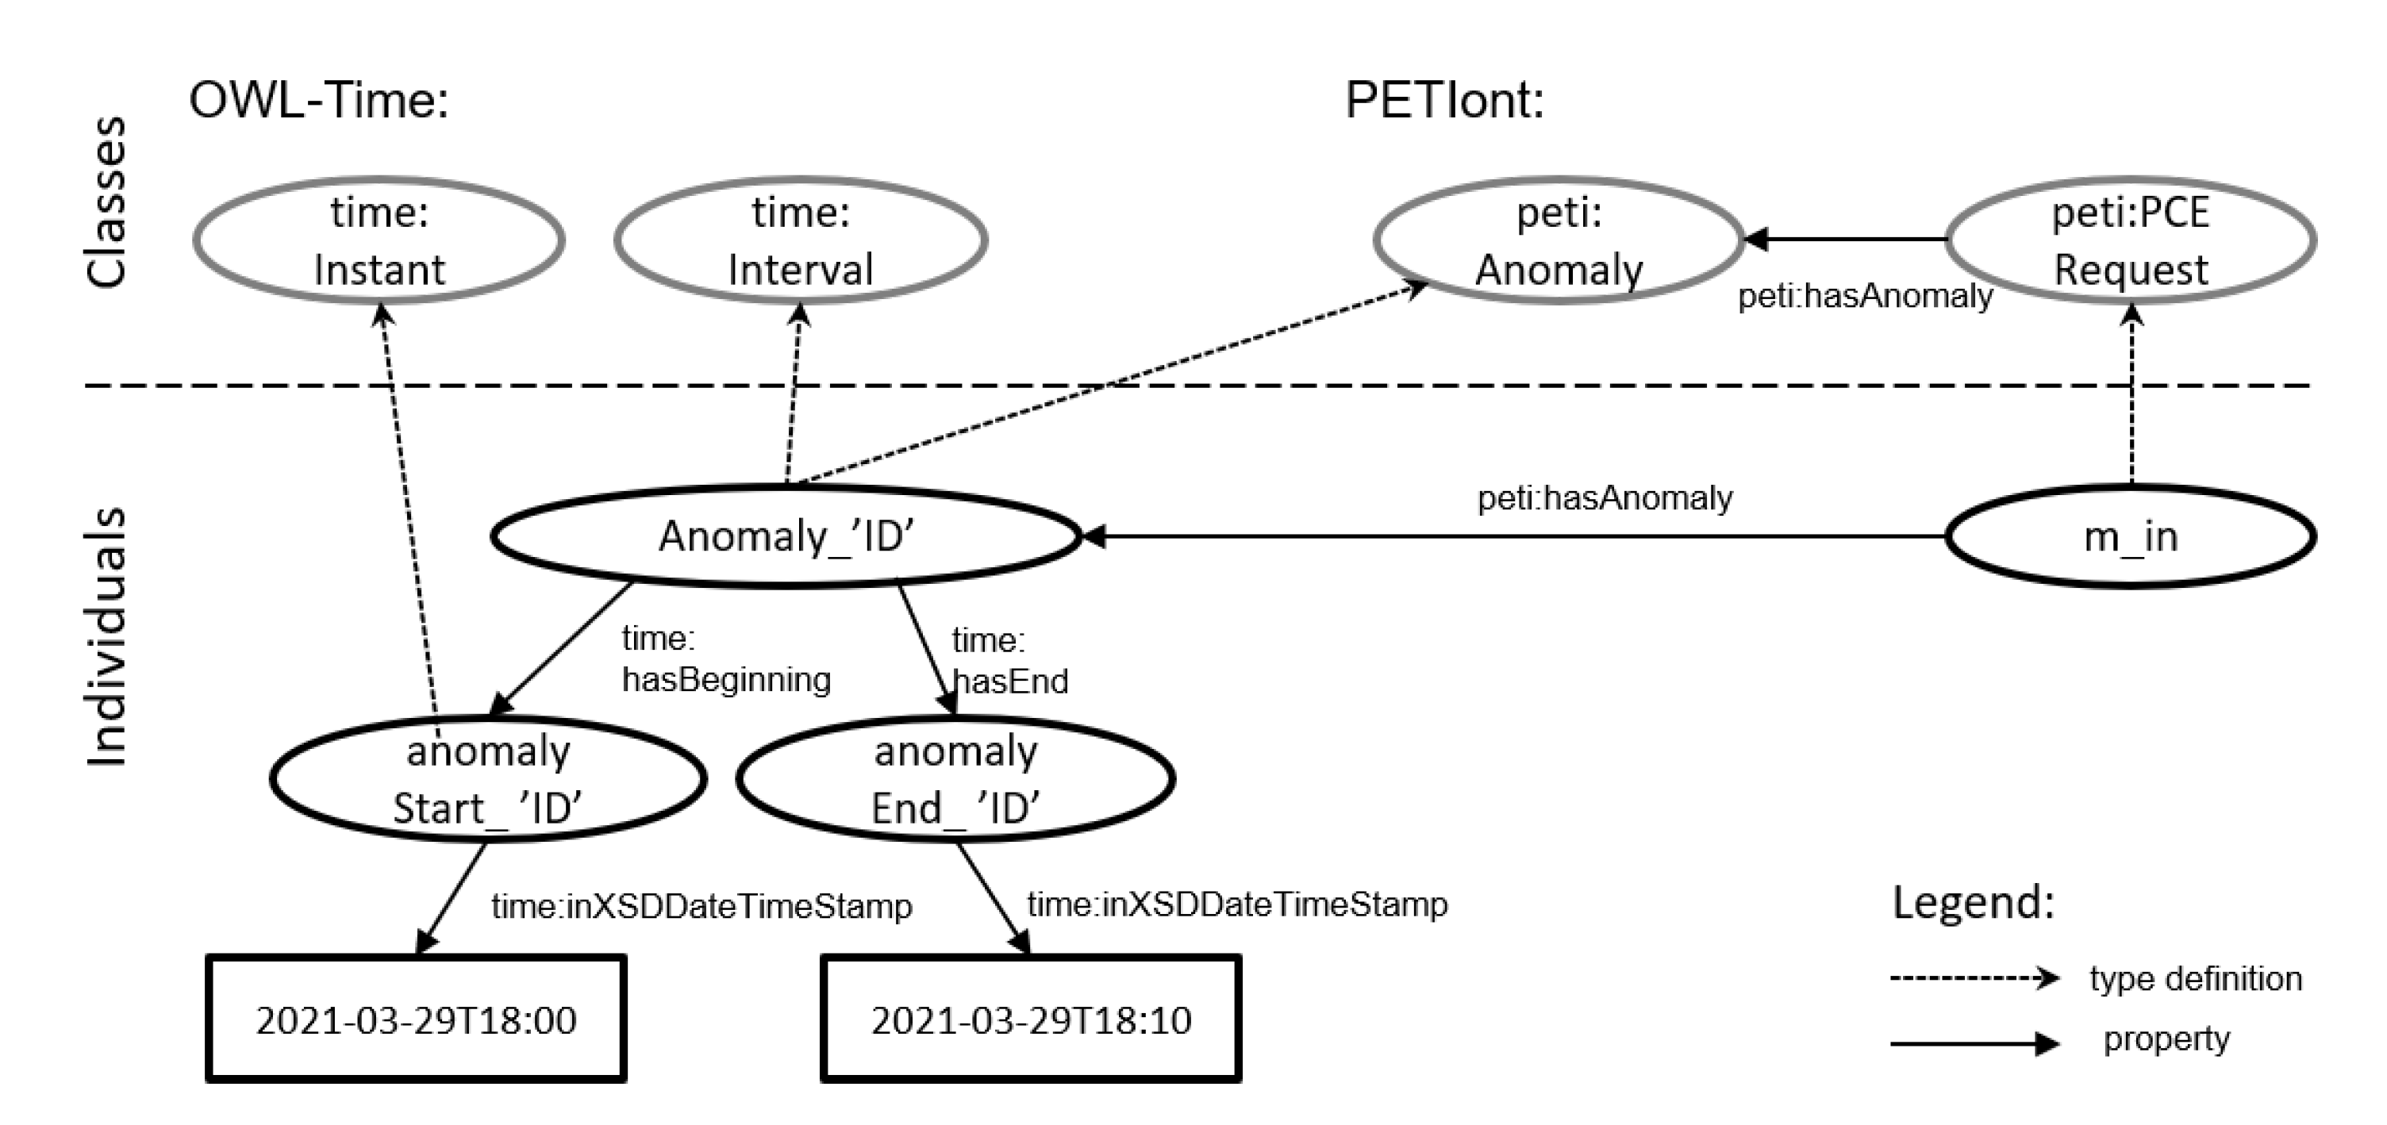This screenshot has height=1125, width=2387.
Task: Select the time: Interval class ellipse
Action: click(x=800, y=240)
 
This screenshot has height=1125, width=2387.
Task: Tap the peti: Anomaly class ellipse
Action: click(x=1559, y=240)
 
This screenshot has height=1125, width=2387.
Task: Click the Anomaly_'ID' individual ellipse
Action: click(x=786, y=536)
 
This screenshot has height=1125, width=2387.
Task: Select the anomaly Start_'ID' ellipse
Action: click(x=487, y=778)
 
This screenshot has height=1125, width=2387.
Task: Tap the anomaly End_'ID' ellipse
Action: click(x=955, y=778)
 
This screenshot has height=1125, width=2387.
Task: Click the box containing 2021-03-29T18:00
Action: click(x=416, y=1019)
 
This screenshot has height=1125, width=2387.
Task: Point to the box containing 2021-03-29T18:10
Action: click(x=1030, y=1019)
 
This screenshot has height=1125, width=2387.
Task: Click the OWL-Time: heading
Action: click(x=319, y=100)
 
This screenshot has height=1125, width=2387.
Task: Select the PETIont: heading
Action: click(x=1444, y=100)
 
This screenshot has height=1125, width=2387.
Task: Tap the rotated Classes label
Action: click(x=106, y=202)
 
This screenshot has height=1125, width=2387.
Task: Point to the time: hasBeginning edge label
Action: click(x=725, y=658)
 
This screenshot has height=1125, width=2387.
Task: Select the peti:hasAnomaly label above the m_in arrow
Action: click(x=1604, y=498)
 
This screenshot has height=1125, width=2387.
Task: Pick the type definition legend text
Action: click(x=2194, y=978)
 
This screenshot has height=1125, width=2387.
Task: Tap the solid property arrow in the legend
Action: click(x=1974, y=1043)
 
